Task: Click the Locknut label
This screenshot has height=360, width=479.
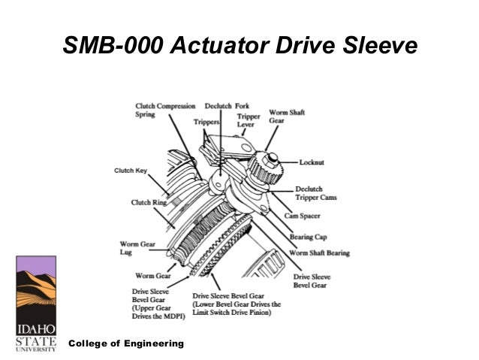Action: click(x=312, y=162)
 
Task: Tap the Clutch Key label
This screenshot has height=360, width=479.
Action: click(x=131, y=171)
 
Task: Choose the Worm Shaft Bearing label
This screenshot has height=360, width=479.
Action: click(x=321, y=253)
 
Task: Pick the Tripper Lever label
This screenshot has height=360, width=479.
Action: click(x=249, y=120)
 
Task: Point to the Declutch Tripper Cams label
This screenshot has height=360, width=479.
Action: click(x=316, y=193)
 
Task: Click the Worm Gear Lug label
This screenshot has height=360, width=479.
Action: click(x=137, y=248)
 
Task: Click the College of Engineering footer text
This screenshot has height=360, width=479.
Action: click(x=126, y=343)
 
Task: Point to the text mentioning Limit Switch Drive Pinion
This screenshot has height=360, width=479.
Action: click(x=236, y=304)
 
